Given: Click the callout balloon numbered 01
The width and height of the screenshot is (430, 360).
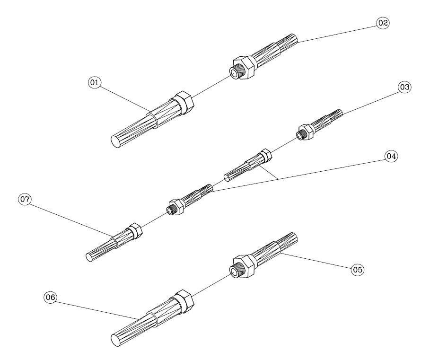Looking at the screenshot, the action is [x=94, y=82].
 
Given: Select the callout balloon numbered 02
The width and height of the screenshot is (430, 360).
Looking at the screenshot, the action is [x=383, y=23].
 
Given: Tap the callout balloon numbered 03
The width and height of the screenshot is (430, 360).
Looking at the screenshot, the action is [x=404, y=87].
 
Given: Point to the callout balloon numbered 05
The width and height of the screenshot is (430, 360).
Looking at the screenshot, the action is [x=358, y=270].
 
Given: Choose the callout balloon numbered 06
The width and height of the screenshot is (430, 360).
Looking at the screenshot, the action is [x=51, y=297].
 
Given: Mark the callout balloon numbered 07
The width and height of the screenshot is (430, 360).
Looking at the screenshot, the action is [x=25, y=199].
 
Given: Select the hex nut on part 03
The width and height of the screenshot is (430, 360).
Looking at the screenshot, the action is [x=307, y=132].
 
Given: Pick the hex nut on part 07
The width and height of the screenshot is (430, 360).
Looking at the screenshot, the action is [x=135, y=231].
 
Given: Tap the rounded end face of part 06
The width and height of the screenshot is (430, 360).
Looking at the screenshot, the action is [x=116, y=340].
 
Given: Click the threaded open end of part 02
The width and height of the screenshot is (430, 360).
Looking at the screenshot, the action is [x=235, y=73].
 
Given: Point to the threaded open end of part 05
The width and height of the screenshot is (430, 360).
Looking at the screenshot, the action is [x=235, y=272].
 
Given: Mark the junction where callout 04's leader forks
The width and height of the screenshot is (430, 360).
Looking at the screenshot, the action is [x=278, y=179].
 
